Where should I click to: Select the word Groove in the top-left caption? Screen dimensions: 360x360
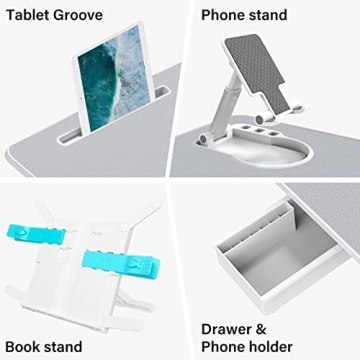pos(76,15)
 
